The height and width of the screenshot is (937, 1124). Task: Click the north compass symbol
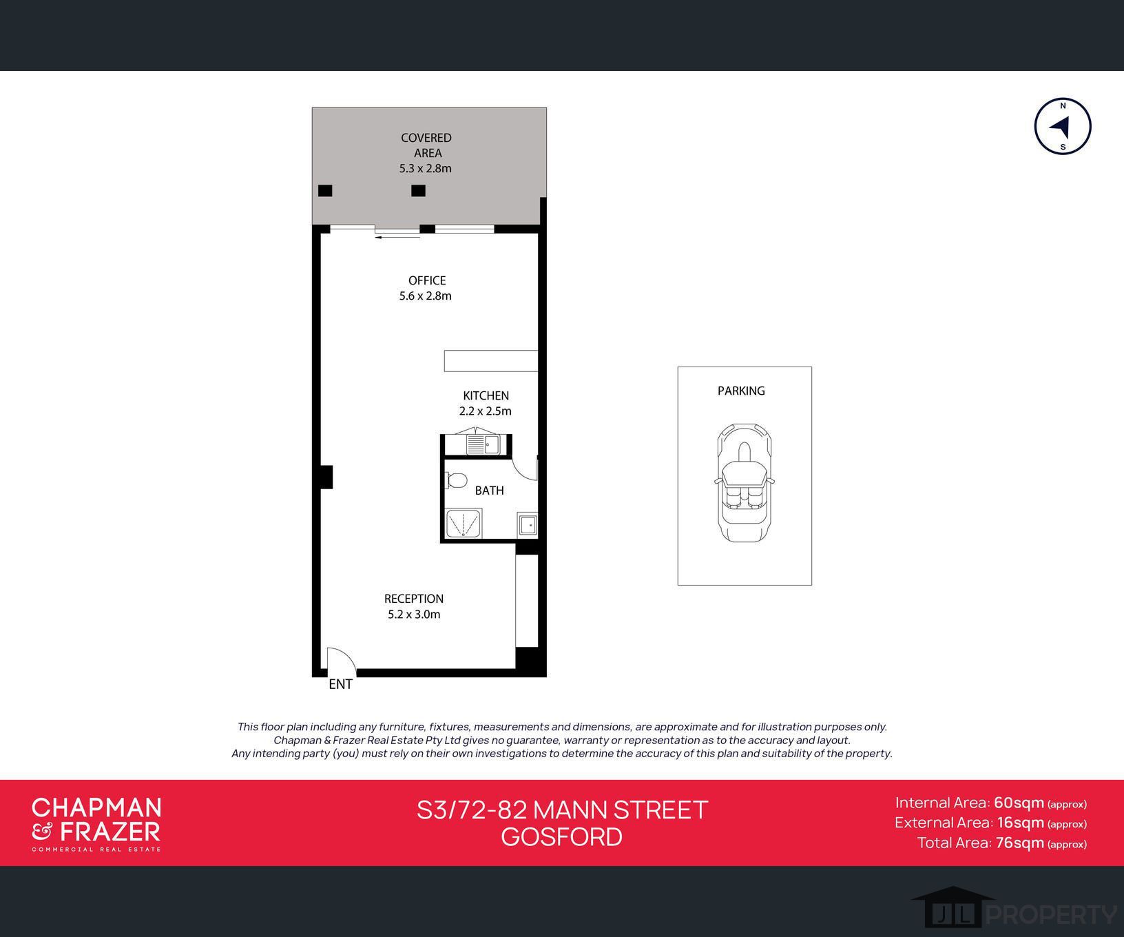click(x=1063, y=126)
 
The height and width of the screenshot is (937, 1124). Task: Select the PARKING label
click(x=741, y=391)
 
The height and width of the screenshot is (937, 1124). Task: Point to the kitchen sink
click(x=482, y=444)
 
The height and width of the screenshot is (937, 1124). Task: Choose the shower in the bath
click(x=464, y=524)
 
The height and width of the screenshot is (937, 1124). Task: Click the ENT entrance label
click(x=340, y=684)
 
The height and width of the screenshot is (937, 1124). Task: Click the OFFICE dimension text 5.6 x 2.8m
click(x=425, y=296)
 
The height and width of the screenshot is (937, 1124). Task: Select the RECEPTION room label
click(x=413, y=599)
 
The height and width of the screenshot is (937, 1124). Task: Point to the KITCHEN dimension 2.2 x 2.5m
click(x=485, y=411)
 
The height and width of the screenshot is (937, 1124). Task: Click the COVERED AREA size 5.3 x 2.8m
click(x=425, y=168)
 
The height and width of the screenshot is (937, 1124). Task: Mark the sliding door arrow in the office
click(x=397, y=237)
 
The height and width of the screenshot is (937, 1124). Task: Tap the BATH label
click(x=489, y=491)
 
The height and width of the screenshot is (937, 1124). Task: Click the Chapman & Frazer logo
click(x=96, y=823)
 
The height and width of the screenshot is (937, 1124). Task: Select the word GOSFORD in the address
click(x=561, y=837)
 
